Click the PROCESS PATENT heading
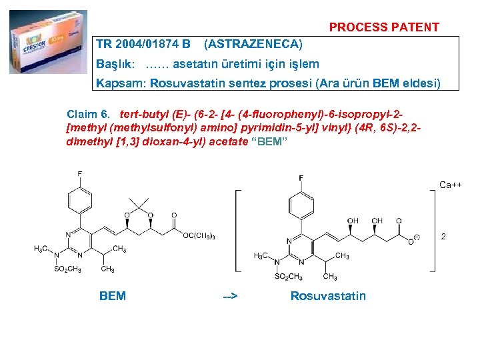(384, 27)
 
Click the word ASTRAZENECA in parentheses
(253, 45)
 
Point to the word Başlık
(115, 65)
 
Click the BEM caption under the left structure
(112, 295)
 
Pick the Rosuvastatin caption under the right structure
(328, 295)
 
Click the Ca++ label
(451, 185)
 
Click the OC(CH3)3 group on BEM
(199, 235)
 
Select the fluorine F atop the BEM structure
(80, 175)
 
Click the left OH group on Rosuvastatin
(353, 221)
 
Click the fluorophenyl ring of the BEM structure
(80, 199)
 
